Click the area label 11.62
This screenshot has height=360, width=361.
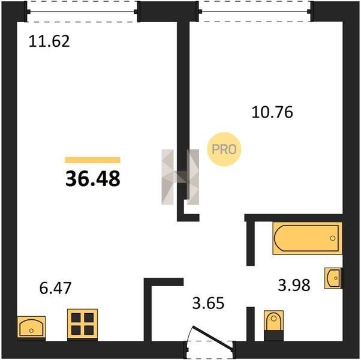[x=49, y=41]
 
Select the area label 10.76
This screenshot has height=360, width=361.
[x=272, y=112]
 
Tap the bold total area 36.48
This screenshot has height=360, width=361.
[x=93, y=179]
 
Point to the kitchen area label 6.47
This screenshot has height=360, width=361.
[x=55, y=288]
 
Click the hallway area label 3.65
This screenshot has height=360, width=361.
[x=208, y=303]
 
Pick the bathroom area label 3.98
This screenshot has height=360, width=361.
[x=294, y=285]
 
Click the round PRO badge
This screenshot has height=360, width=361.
[x=224, y=149]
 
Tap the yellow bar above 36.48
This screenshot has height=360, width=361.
[x=92, y=160]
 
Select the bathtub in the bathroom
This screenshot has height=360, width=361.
[x=307, y=238]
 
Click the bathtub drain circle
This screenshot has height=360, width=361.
[x=332, y=238]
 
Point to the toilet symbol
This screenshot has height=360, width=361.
[x=273, y=325]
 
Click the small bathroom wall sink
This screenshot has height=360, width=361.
[x=333, y=278]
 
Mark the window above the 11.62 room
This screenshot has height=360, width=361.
[x=82, y=11]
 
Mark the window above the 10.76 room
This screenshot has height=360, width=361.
[x=255, y=11]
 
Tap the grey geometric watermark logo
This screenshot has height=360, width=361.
[x=180, y=177]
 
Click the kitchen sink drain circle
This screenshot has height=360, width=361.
[x=31, y=331]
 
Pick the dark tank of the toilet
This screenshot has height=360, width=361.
[x=273, y=335]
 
